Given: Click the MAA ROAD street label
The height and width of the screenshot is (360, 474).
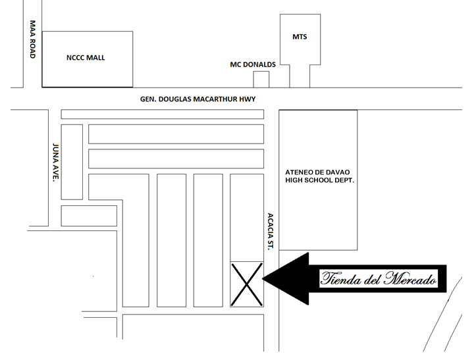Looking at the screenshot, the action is coord(33,39).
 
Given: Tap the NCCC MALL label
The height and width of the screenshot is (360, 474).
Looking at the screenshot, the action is coord(86,58).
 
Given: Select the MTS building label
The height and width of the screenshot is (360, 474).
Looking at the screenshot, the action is coord(300,37).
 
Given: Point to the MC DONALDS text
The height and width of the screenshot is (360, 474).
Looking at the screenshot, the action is coord(253,64).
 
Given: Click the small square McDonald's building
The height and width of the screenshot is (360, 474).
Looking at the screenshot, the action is coord(261,80).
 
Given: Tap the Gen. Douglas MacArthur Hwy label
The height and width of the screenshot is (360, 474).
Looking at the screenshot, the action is coord(197,99).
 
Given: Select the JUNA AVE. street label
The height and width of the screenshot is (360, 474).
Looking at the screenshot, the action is coord(55,163).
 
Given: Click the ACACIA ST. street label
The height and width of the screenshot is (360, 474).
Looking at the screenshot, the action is coord(271,231).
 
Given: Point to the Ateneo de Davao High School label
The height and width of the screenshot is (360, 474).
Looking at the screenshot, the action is coord(319,176).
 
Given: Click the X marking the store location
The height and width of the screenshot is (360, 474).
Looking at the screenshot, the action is coord(247,284).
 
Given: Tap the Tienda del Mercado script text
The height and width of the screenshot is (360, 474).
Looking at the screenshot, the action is coord(379,278).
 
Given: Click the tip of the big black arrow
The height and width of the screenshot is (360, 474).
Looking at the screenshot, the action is coord(263,278).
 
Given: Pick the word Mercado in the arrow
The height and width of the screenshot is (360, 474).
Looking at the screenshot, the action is coord(410,278).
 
